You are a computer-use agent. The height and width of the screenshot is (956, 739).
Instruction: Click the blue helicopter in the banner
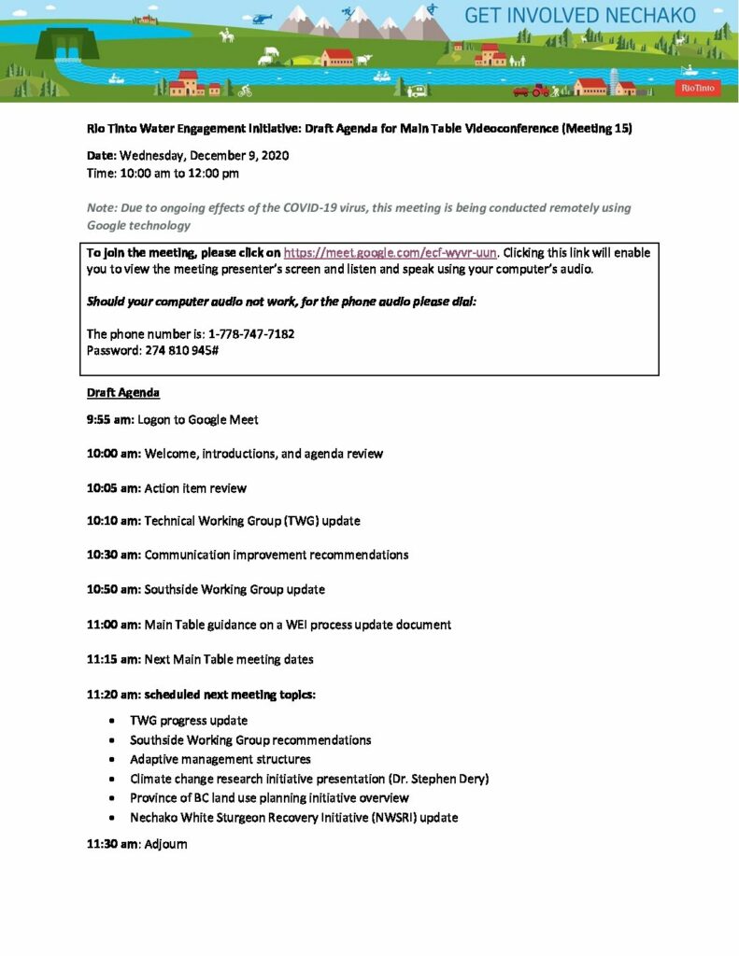262,17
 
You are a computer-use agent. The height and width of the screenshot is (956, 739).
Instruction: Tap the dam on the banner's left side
67,43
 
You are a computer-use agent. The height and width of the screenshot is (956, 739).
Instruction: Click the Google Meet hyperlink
390,252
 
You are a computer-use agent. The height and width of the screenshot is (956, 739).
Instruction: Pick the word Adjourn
166,844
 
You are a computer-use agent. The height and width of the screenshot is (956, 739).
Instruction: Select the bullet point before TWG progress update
112,721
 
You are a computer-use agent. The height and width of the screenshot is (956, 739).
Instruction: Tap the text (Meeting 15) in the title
597,129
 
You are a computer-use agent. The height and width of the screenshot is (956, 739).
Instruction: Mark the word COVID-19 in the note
300,208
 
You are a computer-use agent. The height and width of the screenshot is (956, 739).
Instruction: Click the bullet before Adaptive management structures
112,759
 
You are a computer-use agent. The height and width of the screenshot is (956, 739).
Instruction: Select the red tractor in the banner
541,90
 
